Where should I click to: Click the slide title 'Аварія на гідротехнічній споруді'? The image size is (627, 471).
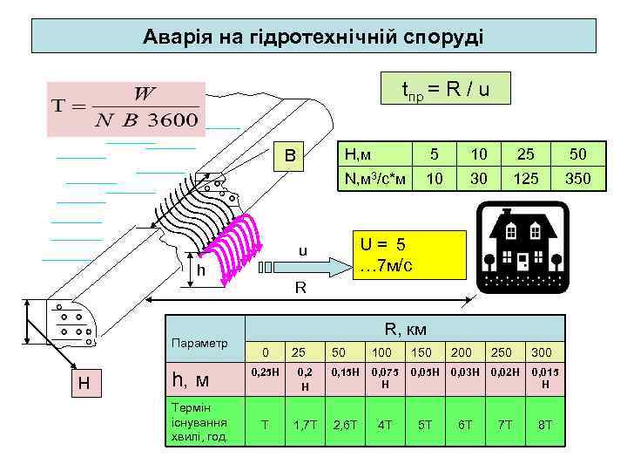pos(313,38)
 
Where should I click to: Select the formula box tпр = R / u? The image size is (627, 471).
pos(446,89)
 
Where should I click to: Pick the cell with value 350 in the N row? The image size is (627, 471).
pos(577,179)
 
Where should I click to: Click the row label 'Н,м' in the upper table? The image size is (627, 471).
pos(359,154)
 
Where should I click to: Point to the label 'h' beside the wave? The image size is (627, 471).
pos(201,270)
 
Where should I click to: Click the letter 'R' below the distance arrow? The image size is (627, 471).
pos(299,287)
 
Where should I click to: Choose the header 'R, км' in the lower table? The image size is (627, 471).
pos(405,329)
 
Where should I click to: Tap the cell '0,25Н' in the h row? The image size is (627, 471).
pos(265,372)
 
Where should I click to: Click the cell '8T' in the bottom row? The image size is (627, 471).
pos(545,424)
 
